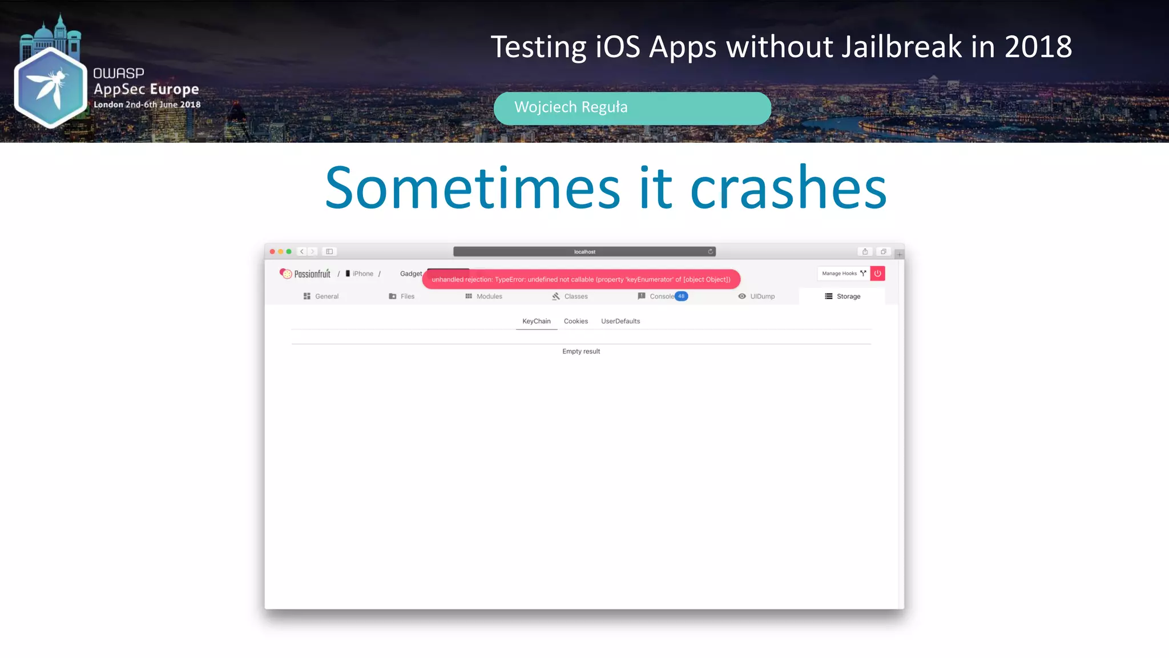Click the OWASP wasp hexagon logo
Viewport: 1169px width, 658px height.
pos(50,88)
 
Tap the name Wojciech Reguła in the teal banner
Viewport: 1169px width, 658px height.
pos(571,107)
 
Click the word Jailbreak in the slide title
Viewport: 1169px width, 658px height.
pos(901,47)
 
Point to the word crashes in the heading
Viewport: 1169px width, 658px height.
pos(788,188)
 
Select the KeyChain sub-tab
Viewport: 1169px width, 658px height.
pos(537,322)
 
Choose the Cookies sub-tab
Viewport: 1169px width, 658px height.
pos(575,322)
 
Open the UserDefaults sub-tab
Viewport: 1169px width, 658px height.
pos(620,322)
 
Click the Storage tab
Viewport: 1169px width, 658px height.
pos(843,296)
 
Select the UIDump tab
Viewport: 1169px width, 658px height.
pos(756,296)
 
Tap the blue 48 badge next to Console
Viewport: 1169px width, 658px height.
pos(682,296)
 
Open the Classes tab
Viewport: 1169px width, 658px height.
pos(570,296)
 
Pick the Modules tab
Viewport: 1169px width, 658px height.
pos(483,296)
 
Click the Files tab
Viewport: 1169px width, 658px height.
pos(401,296)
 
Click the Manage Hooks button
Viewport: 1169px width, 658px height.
pos(843,274)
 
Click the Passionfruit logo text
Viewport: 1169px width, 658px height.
pos(312,274)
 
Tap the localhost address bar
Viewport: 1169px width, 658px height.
pos(584,252)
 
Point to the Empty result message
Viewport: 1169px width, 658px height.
pos(581,352)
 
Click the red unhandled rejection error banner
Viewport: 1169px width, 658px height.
pos(581,279)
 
